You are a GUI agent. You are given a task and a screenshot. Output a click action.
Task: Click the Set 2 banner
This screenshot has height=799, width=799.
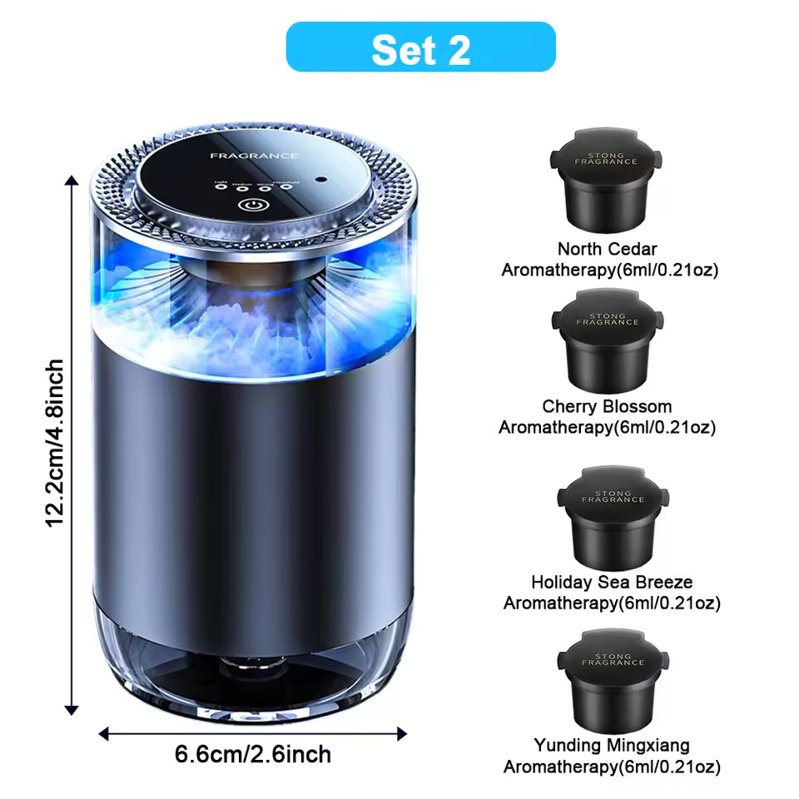[x=420, y=47]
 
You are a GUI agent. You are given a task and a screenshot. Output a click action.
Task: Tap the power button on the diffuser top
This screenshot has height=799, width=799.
[x=250, y=205]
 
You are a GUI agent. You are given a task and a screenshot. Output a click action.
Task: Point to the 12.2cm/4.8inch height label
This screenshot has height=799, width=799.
[x=55, y=442]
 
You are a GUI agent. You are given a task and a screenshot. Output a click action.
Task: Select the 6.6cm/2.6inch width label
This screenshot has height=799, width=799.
[x=253, y=755]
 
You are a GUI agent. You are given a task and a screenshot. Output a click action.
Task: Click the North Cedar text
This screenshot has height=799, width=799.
[x=608, y=249]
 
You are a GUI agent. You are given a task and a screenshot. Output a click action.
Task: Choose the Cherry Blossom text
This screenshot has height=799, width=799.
[x=607, y=407]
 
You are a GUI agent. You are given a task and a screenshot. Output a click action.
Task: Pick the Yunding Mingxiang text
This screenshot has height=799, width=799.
[x=612, y=746]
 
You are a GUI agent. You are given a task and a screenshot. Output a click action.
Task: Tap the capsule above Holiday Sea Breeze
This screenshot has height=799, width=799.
[x=613, y=517]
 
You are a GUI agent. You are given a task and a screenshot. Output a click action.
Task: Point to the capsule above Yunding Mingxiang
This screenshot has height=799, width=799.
[x=613, y=678]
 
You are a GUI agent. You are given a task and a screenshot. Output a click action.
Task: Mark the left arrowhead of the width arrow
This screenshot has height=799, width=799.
[x=104, y=734]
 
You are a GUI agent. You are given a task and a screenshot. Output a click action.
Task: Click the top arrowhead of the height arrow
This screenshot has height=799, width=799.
[x=72, y=178]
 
